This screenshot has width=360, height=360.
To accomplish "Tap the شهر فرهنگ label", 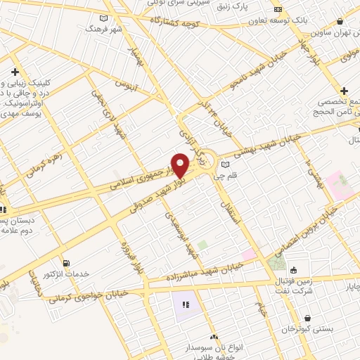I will pyautogui.click(x=104, y=30).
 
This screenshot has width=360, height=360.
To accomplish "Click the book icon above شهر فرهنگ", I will pyautogui.click(x=104, y=18).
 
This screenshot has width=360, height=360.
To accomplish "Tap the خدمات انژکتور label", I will pyautogui.click(x=66, y=274).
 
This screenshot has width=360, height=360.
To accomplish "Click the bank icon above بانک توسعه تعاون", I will pyautogui.click(x=278, y=9).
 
